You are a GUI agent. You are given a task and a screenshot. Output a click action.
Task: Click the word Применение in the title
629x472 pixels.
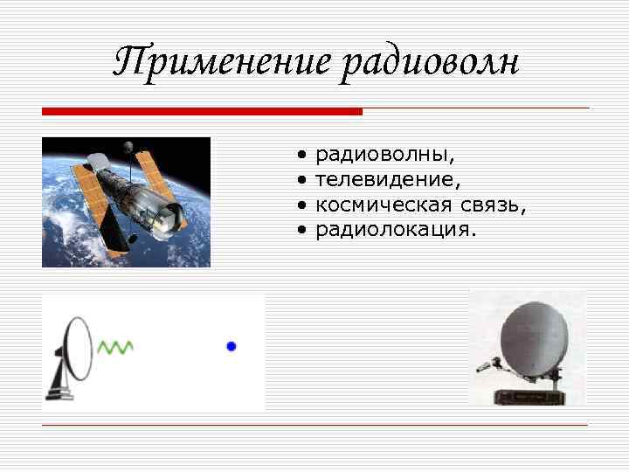(x=222, y=63)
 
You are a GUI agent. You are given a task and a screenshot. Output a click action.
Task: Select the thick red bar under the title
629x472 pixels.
(x=202, y=112)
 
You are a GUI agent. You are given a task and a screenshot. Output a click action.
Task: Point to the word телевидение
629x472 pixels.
(x=387, y=179)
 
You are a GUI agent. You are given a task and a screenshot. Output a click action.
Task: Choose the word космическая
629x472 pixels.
(x=384, y=205)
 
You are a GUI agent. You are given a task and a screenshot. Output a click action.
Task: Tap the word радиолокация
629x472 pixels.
(x=396, y=229)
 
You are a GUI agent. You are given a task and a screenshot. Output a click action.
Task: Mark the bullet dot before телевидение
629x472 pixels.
(x=301, y=180)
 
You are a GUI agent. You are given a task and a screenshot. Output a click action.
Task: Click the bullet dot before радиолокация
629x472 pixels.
(x=301, y=230)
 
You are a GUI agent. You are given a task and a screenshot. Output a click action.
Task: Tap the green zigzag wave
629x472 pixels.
(x=115, y=347)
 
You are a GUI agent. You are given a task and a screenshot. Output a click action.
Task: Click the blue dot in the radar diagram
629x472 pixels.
(x=232, y=346)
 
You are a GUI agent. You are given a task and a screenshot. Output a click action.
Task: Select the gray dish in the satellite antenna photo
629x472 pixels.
(x=531, y=337)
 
